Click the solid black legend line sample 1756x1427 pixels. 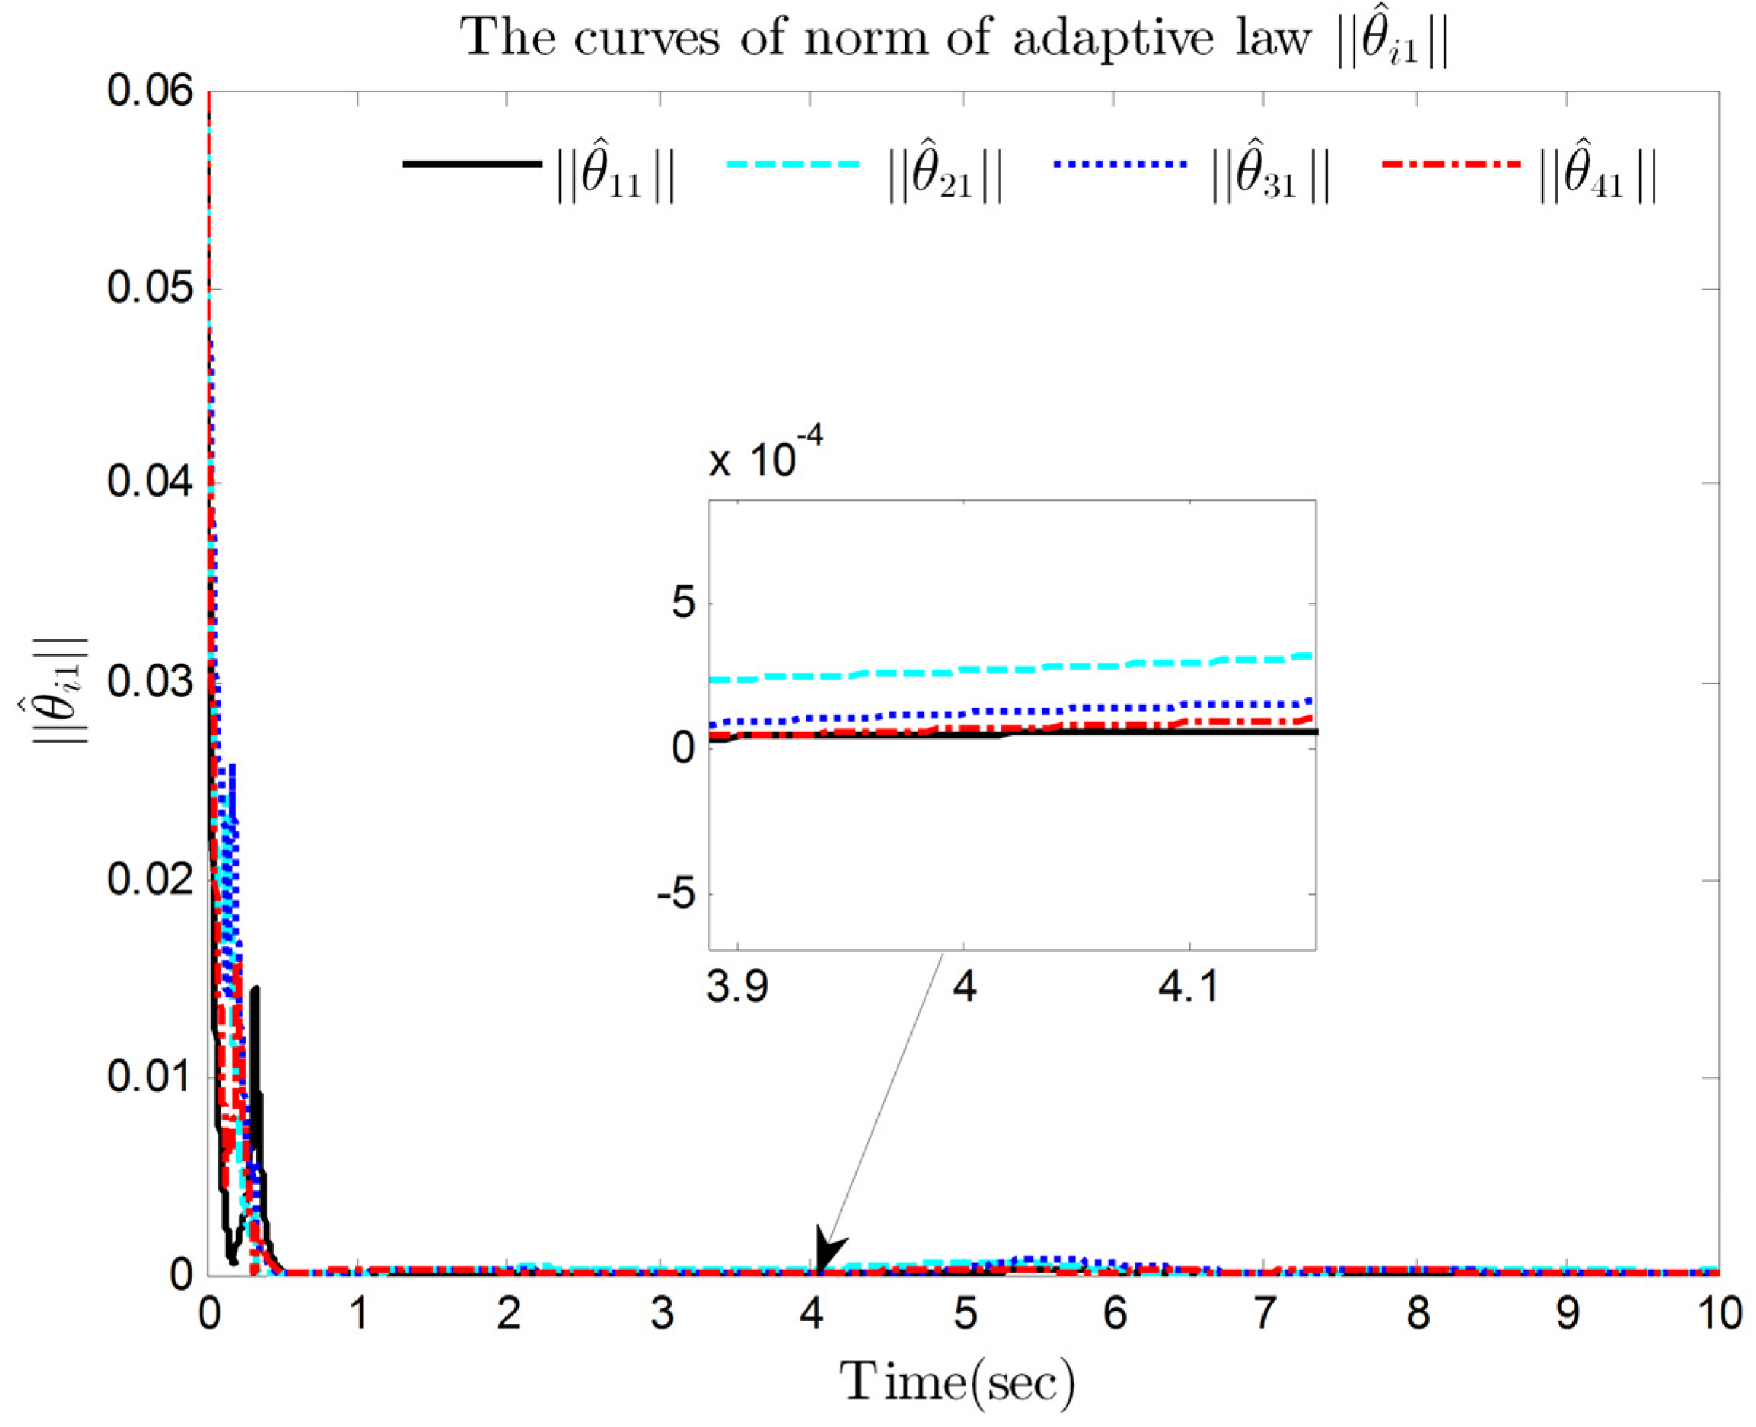point(472,165)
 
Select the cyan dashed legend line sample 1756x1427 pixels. point(793,165)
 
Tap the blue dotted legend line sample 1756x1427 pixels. point(1119,165)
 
